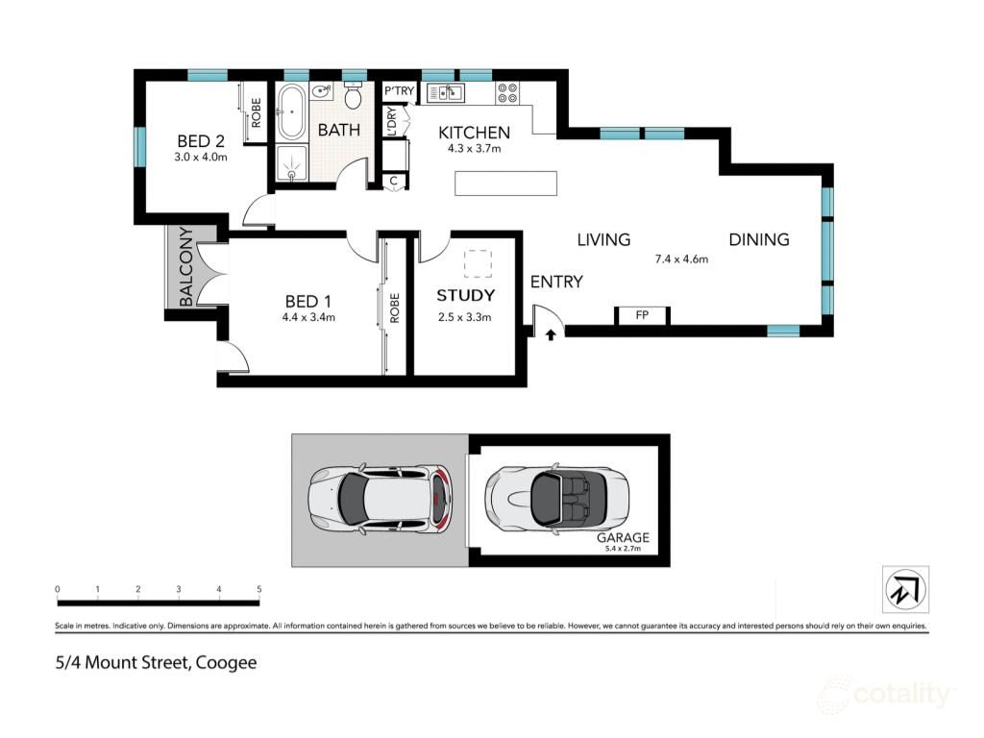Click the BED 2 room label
(200, 140)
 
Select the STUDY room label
(465, 295)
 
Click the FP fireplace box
(642, 315)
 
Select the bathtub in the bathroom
(291, 112)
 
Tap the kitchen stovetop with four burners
(507, 94)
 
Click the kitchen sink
(447, 93)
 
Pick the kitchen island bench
(505, 183)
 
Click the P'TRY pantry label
(398, 91)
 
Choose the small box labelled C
(394, 180)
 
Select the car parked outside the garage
(379, 499)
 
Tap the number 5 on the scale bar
(259, 589)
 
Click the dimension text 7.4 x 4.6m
(681, 258)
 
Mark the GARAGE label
(623, 538)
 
